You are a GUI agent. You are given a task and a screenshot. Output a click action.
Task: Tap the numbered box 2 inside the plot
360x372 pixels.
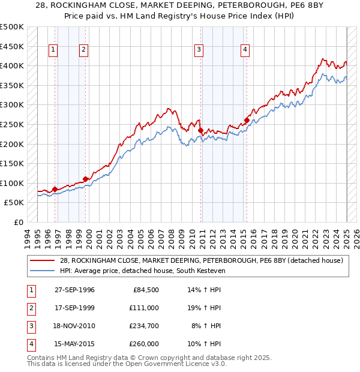point(83,50)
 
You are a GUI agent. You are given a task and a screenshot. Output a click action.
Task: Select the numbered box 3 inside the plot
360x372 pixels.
point(199,50)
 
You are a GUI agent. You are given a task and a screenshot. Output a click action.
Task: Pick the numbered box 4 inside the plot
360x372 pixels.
point(245,50)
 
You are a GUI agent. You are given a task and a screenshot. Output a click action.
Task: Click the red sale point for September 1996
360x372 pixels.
point(55,189)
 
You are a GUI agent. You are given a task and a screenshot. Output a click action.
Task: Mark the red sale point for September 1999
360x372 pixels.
point(85,179)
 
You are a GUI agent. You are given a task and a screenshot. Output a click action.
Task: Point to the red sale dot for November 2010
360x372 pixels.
point(200,130)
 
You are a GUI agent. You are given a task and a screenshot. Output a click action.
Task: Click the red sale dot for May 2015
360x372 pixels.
point(247,120)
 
